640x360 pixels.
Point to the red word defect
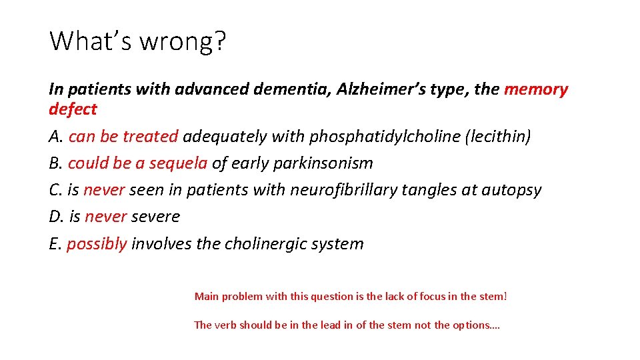73,109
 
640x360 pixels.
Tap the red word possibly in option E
97,243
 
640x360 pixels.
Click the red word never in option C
104,190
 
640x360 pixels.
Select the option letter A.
55,137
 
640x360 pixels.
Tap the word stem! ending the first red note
493,295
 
